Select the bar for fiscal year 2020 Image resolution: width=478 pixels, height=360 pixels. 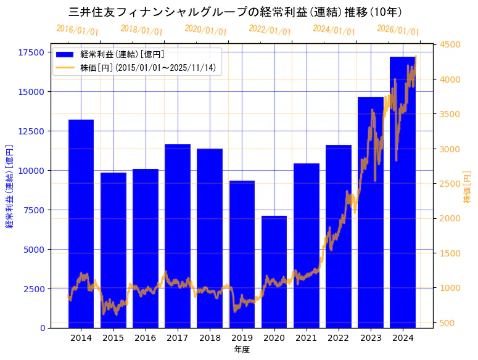[x=274, y=271]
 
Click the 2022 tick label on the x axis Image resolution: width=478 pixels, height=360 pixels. [x=338, y=338]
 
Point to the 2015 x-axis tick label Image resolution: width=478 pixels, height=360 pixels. [x=113, y=338]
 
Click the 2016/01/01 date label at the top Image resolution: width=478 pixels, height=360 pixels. [x=77, y=30]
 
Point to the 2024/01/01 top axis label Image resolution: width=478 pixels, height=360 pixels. [x=334, y=30]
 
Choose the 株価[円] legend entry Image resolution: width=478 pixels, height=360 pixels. [x=148, y=67]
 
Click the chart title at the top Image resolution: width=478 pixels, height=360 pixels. [x=236, y=12]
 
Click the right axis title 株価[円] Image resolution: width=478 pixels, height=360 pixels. [x=467, y=187]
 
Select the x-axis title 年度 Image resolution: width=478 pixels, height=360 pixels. [x=242, y=350]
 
